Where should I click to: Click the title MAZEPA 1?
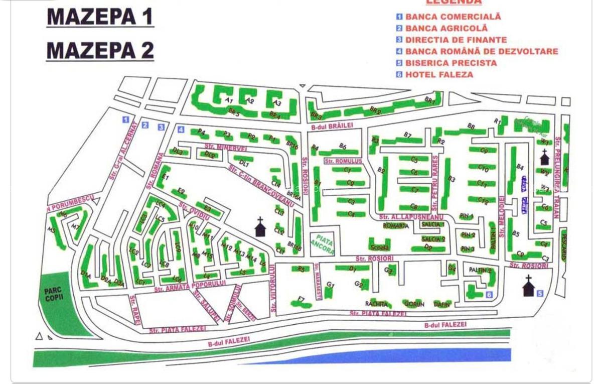click(x=100, y=17)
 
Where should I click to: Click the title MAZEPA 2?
click(x=100, y=50)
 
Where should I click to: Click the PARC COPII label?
click(x=54, y=294)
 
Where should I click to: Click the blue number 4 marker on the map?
click(x=181, y=130)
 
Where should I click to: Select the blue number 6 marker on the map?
click(x=489, y=295)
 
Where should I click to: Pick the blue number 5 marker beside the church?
click(x=540, y=293)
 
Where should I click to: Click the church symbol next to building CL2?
click(x=260, y=227)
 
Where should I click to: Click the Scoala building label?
click(x=379, y=247)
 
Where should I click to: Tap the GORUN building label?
click(x=414, y=304)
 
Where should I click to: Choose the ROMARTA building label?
click(x=396, y=226)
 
